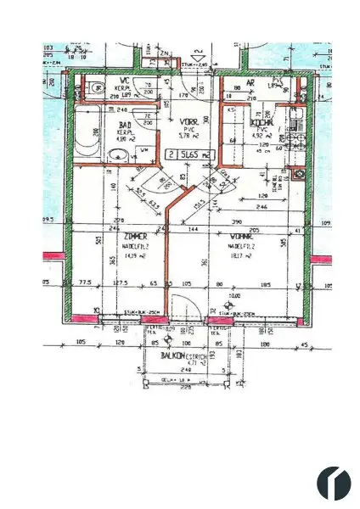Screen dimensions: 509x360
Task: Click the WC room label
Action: [x=123, y=85]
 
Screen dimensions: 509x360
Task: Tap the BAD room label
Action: [x=123, y=124]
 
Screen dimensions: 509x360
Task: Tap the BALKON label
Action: [x=173, y=356]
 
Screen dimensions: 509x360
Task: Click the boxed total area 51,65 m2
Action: [x=190, y=155]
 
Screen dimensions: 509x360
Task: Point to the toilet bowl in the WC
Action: [x=92, y=87]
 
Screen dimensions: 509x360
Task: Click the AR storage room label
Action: [x=250, y=84]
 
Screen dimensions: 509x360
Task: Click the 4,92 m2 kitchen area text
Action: [x=260, y=134]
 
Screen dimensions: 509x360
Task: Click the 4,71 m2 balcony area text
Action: [x=173, y=364]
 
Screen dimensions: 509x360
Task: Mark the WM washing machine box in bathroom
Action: [x=142, y=150]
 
